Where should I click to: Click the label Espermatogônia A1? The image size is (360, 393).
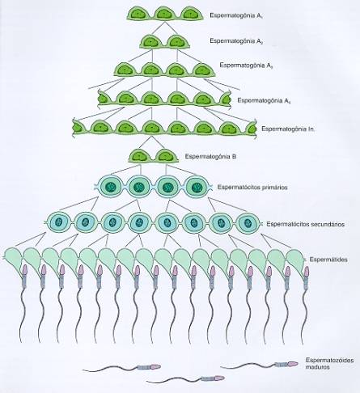[236, 15]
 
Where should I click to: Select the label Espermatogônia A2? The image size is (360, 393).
[236, 41]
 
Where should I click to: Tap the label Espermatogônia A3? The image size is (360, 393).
[246, 65]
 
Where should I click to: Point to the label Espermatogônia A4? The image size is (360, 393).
[264, 100]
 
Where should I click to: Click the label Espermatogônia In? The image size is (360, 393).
[288, 129]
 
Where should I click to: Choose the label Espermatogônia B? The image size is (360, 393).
[211, 156]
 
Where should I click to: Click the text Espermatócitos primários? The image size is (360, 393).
[252, 187]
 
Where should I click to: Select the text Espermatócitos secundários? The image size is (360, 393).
[306, 224]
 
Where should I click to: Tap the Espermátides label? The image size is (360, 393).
[328, 260]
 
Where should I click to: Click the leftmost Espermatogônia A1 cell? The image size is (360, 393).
[139, 14]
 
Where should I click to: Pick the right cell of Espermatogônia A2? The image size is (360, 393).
[176, 42]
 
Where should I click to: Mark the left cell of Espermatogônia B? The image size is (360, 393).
[139, 156]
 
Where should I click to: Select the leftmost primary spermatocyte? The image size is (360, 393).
[111, 187]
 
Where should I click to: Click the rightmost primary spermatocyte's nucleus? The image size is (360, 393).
[196, 187]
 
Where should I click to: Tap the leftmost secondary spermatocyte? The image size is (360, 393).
[58, 223]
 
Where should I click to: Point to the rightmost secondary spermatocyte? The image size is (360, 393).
[248, 223]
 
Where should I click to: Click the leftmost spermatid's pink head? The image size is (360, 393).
[25, 270]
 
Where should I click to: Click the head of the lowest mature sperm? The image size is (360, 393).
[219, 378]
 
